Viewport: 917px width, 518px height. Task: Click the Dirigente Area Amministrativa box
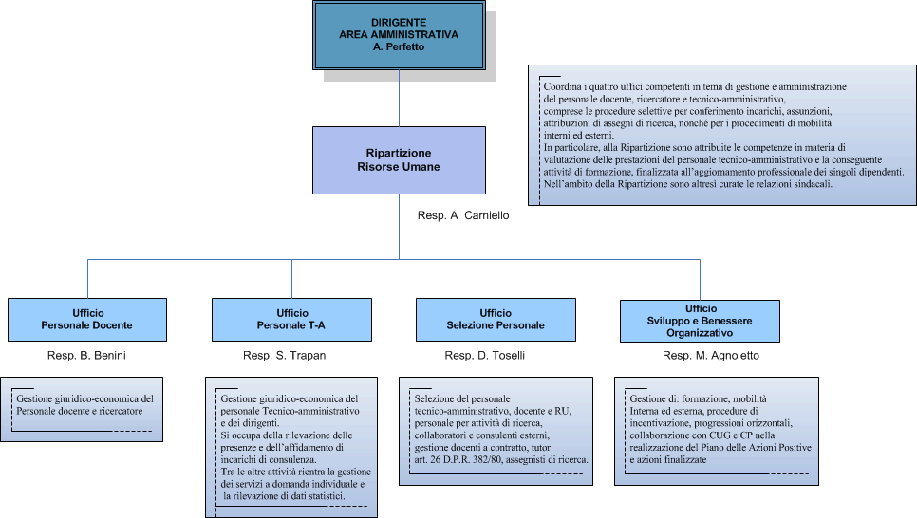(x=399, y=36)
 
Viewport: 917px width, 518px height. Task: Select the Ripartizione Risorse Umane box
(x=399, y=159)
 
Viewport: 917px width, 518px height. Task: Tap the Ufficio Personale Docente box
(x=87, y=320)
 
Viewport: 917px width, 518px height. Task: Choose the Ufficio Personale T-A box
(x=291, y=320)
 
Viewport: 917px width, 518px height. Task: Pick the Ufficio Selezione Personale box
(x=496, y=320)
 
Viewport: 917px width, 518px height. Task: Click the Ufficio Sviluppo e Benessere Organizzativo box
(x=700, y=321)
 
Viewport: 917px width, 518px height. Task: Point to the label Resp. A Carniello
(x=463, y=216)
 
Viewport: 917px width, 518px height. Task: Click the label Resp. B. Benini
(x=86, y=356)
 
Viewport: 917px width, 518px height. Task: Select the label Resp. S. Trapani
(x=290, y=356)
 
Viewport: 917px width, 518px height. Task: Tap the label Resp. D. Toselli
(x=484, y=356)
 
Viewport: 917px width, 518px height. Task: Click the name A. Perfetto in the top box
(x=399, y=46)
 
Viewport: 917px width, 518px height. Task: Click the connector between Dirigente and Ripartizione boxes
(x=399, y=99)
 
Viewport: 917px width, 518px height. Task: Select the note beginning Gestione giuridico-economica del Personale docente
(x=84, y=405)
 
